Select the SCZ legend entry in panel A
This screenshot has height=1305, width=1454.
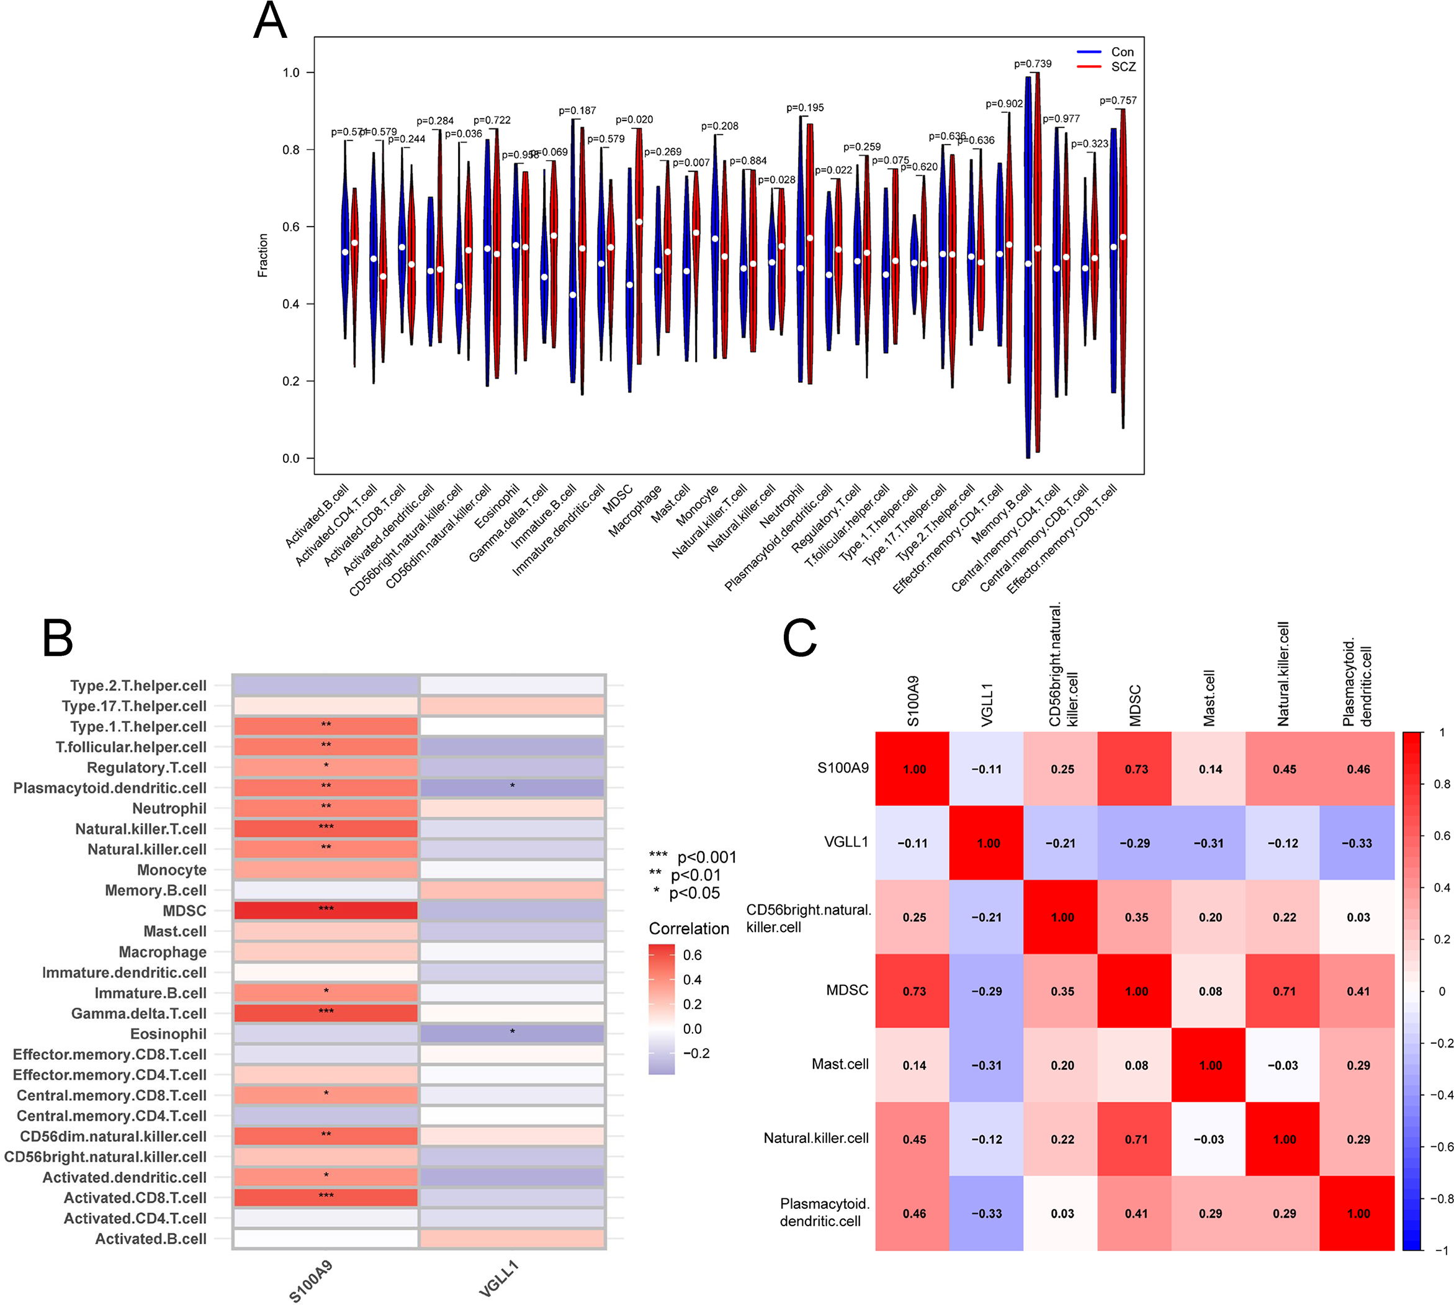click(1122, 66)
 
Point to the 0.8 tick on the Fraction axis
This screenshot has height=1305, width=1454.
click(290, 150)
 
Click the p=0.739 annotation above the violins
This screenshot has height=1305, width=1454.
click(1032, 64)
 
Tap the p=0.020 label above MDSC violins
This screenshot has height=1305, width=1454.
click(634, 120)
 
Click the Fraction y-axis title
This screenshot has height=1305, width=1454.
click(263, 255)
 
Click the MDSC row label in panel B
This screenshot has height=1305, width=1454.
click(184, 910)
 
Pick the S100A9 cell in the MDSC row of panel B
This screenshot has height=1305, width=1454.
click(326, 910)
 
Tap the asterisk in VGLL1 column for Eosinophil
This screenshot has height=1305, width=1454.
click(512, 1033)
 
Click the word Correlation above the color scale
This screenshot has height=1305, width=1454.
click(688, 928)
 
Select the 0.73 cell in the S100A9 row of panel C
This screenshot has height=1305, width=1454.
click(1136, 769)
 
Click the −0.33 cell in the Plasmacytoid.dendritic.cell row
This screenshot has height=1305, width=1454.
click(987, 1213)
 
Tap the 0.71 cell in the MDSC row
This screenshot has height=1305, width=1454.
click(1283, 991)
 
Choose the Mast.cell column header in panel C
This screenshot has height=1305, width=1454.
click(1209, 697)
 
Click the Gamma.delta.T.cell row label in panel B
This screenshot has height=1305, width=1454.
click(138, 1013)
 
